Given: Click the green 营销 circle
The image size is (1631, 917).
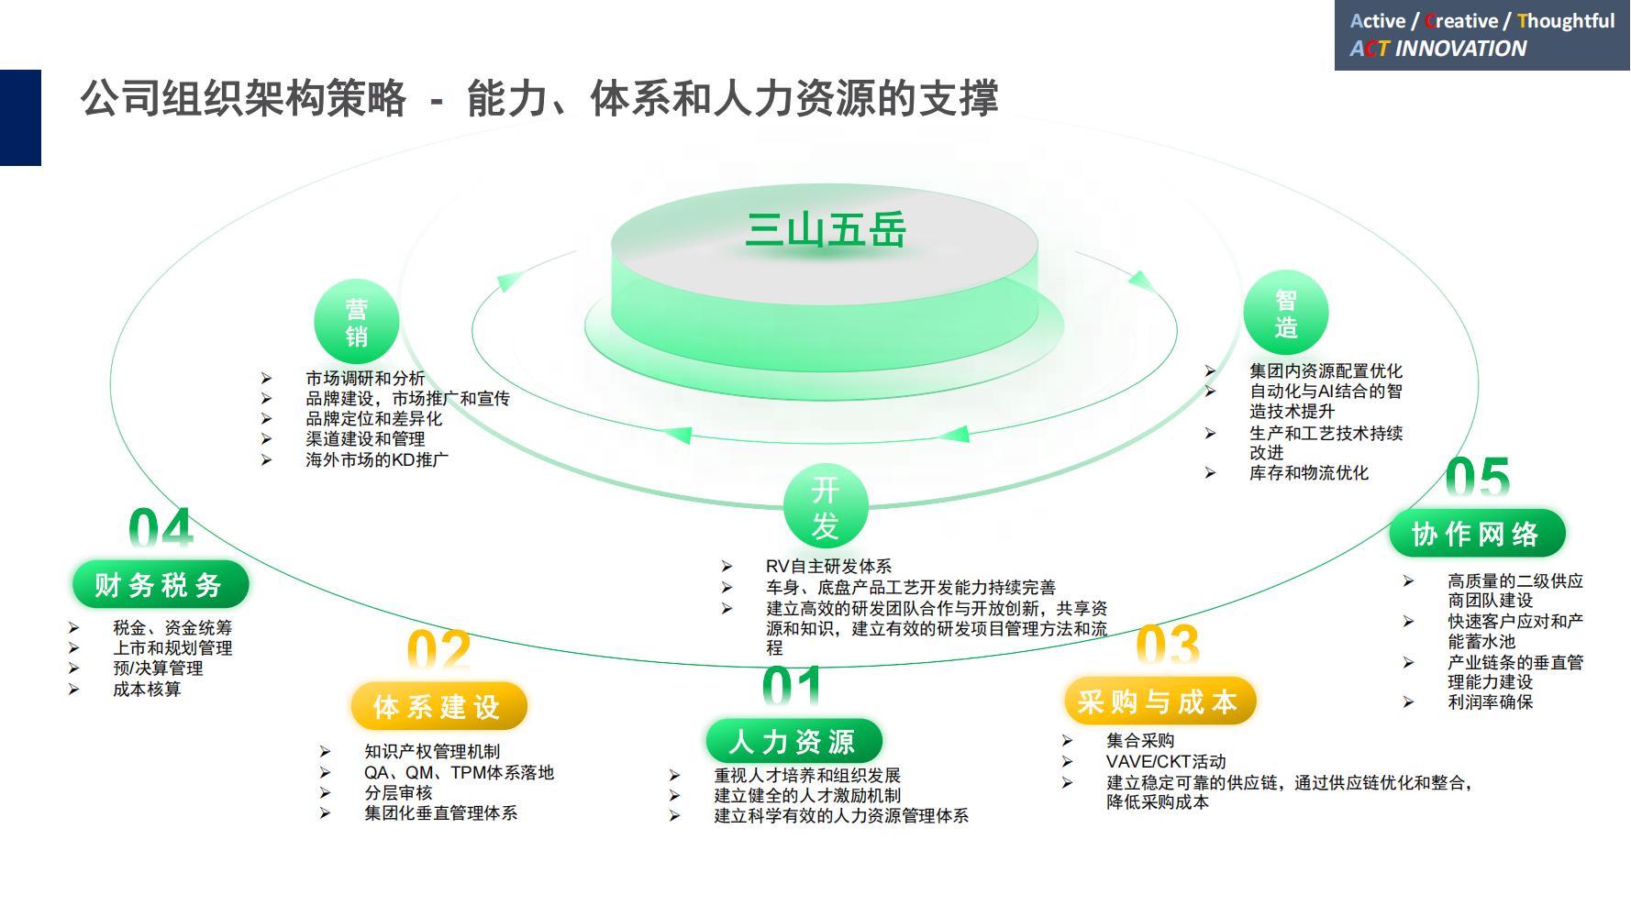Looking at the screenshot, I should (356, 322).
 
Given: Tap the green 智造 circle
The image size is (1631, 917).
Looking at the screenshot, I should (1285, 314).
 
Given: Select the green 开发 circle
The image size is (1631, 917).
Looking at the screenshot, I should (825, 507).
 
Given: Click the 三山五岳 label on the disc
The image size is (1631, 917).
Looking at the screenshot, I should (826, 229).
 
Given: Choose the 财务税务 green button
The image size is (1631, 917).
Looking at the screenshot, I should (160, 584).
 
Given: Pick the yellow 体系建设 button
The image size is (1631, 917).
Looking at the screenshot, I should (438, 706).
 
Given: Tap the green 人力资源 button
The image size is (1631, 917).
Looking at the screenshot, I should (793, 741).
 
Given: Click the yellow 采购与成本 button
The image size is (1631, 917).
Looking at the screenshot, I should (1159, 702).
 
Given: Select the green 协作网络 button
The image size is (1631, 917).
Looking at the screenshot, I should (1476, 533).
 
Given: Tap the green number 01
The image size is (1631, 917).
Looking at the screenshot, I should (792, 687).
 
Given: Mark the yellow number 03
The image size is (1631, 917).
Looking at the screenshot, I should (1167, 645).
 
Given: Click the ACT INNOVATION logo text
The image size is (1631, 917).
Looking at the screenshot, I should (1438, 49).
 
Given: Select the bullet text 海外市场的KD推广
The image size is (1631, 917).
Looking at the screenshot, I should (377, 459).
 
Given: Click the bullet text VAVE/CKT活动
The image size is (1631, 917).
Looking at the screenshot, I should (1166, 761).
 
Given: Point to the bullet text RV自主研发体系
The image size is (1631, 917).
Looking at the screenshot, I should (828, 567).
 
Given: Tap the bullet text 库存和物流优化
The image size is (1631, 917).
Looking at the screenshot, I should (1309, 473).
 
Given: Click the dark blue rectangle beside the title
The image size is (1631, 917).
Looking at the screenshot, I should (20, 117).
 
